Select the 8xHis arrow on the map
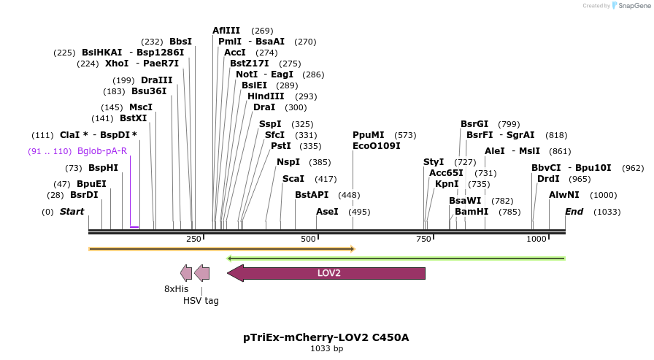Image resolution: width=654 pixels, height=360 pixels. point(186,273)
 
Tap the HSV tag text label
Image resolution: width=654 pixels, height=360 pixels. point(201,300)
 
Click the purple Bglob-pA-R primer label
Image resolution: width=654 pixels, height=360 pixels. point(102,151)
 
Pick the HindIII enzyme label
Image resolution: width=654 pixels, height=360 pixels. point(266,96)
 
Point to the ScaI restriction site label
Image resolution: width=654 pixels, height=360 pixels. point(293,179)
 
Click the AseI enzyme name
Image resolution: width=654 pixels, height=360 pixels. point(327,212)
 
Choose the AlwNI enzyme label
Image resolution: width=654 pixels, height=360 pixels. point(563,195)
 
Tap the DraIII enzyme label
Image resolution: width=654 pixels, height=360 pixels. point(157,80)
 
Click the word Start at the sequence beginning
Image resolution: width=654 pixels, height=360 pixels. point(72,212)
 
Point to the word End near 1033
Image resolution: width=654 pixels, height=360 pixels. point(574,212)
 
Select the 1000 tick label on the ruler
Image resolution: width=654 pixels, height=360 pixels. point(536,239)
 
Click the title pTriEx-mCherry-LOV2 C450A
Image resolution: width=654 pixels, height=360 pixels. point(326,337)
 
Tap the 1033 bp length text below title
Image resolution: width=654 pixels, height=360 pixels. point(326,349)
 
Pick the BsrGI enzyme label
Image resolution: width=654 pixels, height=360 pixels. point(474,124)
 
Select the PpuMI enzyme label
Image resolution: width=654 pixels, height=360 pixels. point(368,135)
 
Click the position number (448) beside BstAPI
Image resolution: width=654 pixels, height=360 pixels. point(350,195)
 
